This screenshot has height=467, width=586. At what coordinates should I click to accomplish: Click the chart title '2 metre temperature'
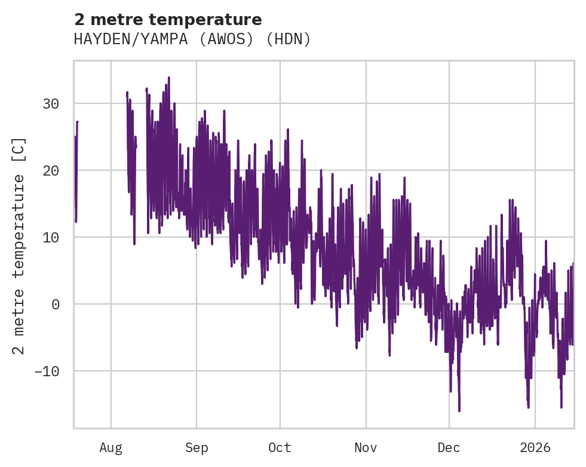[168, 20]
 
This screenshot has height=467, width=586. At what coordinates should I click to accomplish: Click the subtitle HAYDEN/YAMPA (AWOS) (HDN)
[192, 39]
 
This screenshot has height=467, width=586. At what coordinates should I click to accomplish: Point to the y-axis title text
[19, 245]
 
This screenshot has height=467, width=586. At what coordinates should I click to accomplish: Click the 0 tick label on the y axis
[56, 305]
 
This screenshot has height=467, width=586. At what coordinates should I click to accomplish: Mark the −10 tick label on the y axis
[47, 371]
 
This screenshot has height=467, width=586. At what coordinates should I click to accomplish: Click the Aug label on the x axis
[111, 447]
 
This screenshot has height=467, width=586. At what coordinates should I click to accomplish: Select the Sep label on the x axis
[196, 447]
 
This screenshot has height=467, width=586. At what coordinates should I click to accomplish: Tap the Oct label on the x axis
[280, 447]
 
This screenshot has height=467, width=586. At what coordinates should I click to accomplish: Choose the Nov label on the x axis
[366, 447]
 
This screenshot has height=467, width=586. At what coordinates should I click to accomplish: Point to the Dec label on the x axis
[449, 447]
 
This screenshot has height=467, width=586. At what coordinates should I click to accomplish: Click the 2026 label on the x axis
[535, 447]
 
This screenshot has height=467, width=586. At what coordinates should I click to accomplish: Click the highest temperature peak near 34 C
[169, 78]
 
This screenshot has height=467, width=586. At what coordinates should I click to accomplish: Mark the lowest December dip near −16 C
[459, 411]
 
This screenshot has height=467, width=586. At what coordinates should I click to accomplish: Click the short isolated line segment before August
[76, 173]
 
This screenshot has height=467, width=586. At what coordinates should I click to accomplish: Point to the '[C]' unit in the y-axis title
[19, 149]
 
